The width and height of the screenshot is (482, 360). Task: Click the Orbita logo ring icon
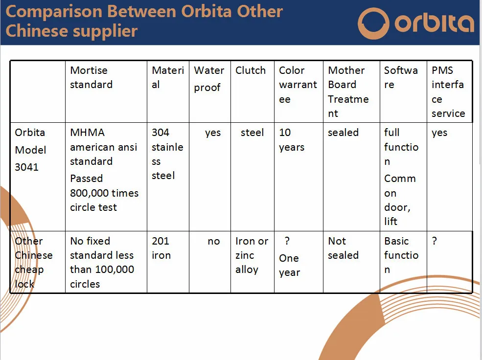[x=373, y=23]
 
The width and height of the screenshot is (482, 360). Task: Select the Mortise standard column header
[x=91, y=77]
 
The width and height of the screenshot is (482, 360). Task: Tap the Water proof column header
[x=209, y=79]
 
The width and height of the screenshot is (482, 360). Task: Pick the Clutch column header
[x=250, y=70]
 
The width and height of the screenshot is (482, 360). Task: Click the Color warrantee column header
[x=298, y=85]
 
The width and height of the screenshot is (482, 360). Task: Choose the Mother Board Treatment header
[x=348, y=91]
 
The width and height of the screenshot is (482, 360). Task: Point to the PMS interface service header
[x=448, y=91]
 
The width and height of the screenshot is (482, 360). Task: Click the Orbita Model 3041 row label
[x=30, y=150]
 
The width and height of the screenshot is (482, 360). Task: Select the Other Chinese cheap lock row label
[x=33, y=262]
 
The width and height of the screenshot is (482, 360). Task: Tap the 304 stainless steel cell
[x=167, y=154]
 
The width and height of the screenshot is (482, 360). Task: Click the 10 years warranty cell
[x=292, y=140]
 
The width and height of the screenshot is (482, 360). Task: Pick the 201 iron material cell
[x=161, y=248]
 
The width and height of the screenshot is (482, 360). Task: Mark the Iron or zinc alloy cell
[x=252, y=255]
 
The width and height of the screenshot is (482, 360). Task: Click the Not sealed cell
[x=343, y=248]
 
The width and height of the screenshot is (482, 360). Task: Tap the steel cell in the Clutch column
[x=252, y=133]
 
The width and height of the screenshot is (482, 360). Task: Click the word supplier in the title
[x=105, y=31]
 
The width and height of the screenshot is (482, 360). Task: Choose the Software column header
[x=401, y=77]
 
